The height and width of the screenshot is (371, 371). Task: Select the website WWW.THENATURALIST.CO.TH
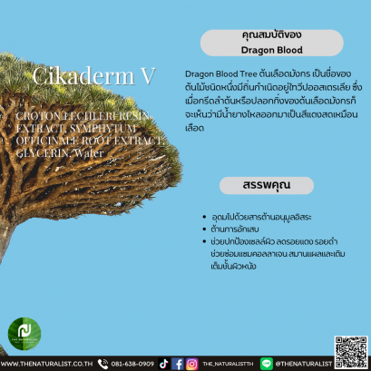coord(45,363)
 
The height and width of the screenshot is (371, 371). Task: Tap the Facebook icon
coord(178,363)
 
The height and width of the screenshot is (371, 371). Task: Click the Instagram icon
coord(191,363)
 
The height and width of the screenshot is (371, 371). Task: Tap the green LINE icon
coord(267,363)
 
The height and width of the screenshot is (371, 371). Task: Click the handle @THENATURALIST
coord(303,363)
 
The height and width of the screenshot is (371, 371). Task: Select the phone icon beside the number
coord(103,363)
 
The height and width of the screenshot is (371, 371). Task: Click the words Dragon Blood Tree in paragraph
coord(214,71)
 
